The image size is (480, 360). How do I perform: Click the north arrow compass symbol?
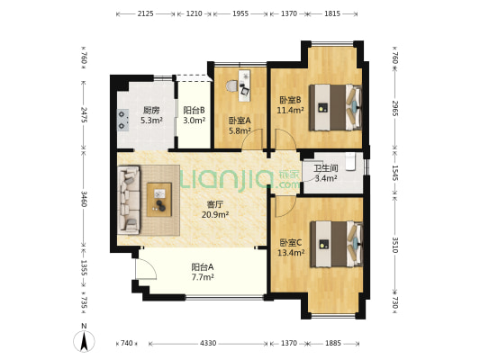click(84, 341)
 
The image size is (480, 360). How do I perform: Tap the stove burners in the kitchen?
click(123, 120)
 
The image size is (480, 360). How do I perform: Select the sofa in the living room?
click(129, 200)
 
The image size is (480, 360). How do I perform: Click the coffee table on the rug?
click(159, 200)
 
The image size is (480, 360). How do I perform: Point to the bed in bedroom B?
click(335, 108)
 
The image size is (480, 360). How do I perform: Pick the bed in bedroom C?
click(337, 244)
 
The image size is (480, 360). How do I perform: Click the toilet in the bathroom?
click(351, 161)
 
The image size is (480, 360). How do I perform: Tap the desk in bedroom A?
click(244, 85)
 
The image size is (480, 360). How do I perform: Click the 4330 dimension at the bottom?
click(208, 343)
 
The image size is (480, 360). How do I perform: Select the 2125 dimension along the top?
click(145, 13)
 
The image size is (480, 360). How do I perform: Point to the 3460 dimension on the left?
click(84, 199)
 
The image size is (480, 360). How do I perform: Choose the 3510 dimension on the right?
click(395, 245)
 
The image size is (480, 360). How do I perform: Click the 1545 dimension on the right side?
click(395, 173)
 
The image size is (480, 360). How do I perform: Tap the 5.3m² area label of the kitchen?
click(151, 121)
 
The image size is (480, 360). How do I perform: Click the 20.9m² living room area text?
click(215, 215)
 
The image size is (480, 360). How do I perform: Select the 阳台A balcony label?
click(203, 267)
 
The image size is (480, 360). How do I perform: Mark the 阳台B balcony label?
click(195, 110)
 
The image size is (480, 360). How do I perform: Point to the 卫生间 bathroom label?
click(326, 168)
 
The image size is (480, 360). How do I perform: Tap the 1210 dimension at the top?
click(195, 13)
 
